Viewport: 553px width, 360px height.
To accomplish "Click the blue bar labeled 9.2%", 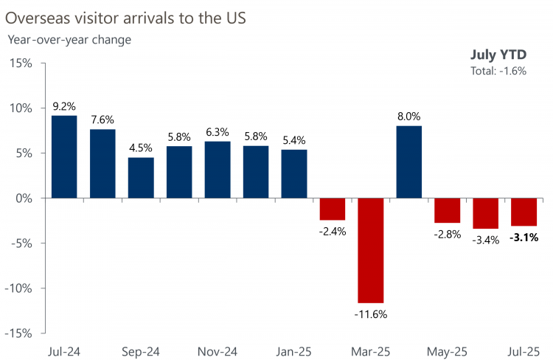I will click(x=64, y=156).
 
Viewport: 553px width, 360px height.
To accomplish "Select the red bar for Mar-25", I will click(x=371, y=250).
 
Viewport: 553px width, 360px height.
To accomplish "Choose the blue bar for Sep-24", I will click(x=141, y=178).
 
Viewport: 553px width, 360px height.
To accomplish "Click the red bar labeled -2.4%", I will click(x=333, y=209).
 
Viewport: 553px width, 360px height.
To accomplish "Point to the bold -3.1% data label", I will click(x=524, y=238).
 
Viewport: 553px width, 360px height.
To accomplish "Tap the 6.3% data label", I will click(x=218, y=132).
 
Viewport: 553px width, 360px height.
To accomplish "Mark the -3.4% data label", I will click(x=486, y=240).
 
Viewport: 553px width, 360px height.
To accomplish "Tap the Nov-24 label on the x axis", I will click(x=218, y=351).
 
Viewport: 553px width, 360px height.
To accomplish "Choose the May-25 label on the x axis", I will click(x=448, y=351).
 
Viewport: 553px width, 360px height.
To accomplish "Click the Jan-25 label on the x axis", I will click(x=294, y=351).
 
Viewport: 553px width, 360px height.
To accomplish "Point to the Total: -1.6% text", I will click(x=498, y=71).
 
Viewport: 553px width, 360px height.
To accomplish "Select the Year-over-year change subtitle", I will click(x=69, y=40).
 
